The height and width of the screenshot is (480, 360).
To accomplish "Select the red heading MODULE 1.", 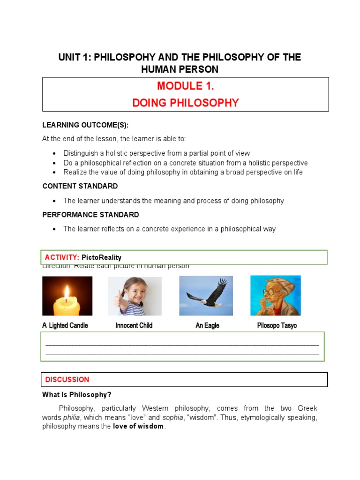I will click(x=185, y=86).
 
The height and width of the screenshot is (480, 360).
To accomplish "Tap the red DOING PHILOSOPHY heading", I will click(x=185, y=103).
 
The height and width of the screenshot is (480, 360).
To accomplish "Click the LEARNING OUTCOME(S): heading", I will click(x=85, y=125).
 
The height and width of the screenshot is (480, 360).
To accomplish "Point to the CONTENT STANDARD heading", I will click(x=80, y=186).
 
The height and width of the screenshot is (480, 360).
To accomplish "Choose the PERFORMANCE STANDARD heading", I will click(x=90, y=215).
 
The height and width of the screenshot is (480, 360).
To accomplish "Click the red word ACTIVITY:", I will click(x=62, y=257).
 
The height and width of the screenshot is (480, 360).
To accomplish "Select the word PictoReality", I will click(x=101, y=257).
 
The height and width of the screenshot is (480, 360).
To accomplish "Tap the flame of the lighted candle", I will click(x=67, y=294).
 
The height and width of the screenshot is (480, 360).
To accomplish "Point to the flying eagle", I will click(x=207, y=295).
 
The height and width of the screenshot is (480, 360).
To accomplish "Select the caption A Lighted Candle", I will click(x=65, y=325).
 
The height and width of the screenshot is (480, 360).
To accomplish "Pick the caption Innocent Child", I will click(x=134, y=325).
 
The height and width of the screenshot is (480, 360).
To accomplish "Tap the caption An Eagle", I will click(x=207, y=325).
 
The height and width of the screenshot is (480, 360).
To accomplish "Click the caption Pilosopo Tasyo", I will click(x=277, y=325).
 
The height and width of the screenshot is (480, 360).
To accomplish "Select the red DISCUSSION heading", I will click(x=67, y=380).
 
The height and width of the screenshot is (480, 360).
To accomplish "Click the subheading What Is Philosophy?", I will click(x=77, y=395).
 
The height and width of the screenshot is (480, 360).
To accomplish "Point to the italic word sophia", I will click(x=172, y=418).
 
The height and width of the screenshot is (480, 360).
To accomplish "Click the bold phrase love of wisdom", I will click(x=138, y=427).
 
